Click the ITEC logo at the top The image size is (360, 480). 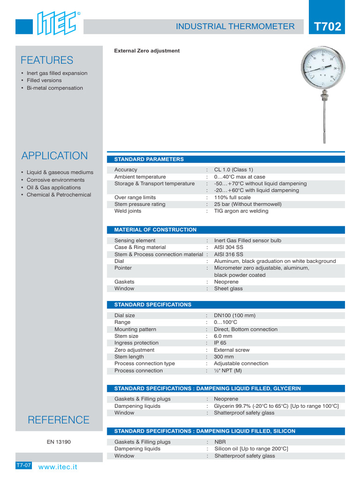coord(56,23)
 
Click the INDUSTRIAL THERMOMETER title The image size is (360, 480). coord(235,26)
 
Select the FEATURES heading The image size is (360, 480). coord(47,60)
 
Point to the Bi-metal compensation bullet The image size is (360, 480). coord(54,88)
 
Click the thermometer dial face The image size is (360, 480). coord(323,69)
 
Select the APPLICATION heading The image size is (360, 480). coord(54,156)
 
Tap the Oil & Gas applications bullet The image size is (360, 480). coord(54,187)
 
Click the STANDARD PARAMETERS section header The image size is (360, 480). coord(149,159)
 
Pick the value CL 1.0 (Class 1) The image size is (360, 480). coord(233,170)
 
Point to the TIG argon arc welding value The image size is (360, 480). coord(241,211)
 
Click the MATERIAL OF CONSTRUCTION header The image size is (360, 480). coord(155,230)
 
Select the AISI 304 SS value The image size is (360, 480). coord(228,247)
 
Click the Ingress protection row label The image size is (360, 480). coord(136,343)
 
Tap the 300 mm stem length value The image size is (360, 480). coord(224,357)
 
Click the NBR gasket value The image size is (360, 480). coord(220,442)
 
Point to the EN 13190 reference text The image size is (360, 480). coord(59,442)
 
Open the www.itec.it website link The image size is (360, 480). coord(58,467)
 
